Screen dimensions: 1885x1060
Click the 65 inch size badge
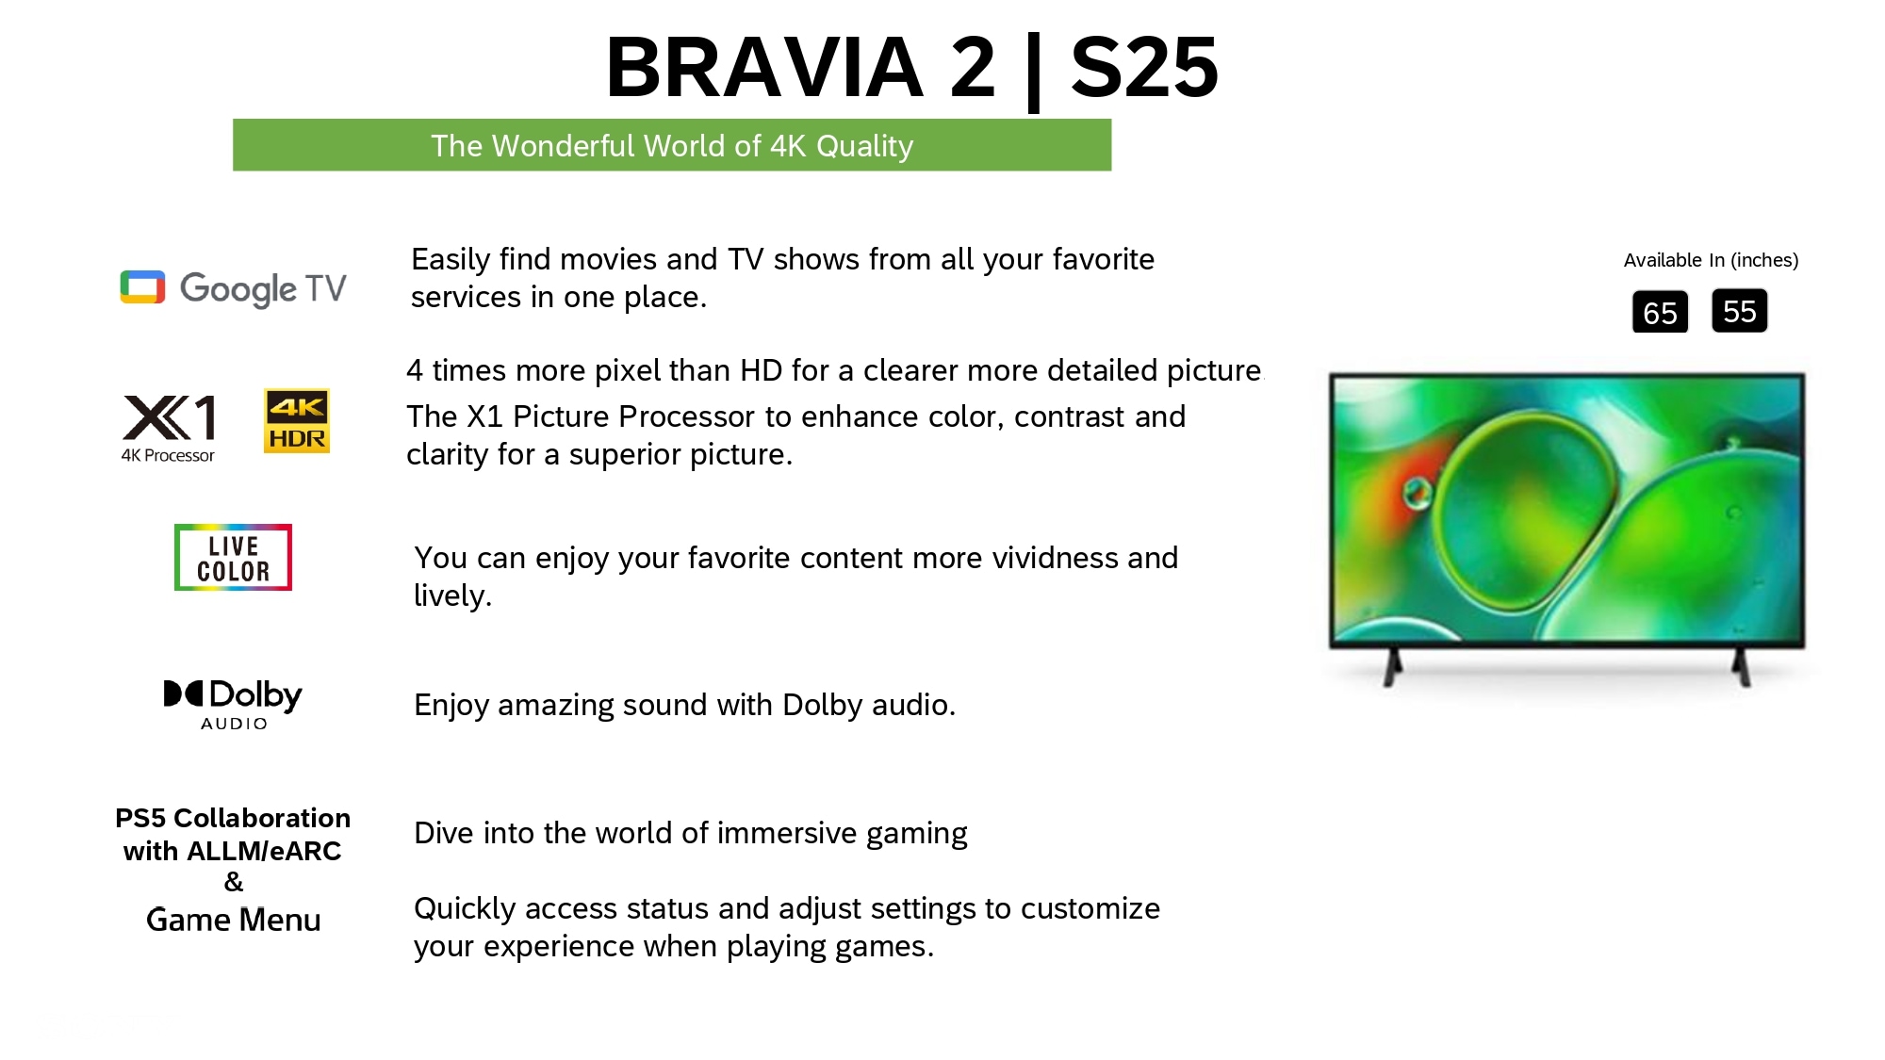(x=1660, y=312)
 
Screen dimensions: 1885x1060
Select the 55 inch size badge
(x=1740, y=311)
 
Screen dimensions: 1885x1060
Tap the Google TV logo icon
(x=142, y=287)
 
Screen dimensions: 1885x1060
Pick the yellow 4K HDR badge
(x=297, y=420)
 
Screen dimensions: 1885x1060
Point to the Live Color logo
(x=233, y=557)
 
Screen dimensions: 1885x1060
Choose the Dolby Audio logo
(x=233, y=704)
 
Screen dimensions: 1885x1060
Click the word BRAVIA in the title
(x=764, y=67)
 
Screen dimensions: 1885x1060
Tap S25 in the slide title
(x=1144, y=67)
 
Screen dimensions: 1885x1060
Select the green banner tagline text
(x=672, y=146)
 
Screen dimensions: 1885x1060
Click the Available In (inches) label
(x=1711, y=260)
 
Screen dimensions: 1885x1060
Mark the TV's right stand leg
(x=1742, y=667)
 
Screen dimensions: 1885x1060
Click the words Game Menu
(x=234, y=920)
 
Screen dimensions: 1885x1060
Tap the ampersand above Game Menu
(x=234, y=882)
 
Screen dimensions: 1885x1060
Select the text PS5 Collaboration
(x=233, y=818)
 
